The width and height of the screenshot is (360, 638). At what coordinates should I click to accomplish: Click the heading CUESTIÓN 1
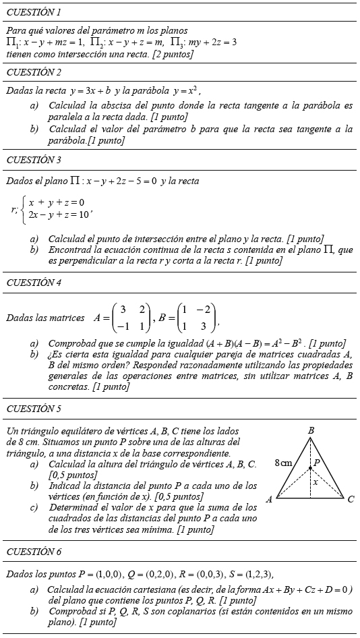pos(34,12)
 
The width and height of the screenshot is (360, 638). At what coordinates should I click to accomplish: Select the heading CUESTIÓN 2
pos(34,72)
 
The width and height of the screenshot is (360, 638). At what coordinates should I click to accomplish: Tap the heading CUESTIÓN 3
pos(34,160)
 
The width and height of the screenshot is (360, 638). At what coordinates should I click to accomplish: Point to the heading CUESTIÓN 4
pos(34,283)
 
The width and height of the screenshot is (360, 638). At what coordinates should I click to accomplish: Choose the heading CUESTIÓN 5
pos(34,409)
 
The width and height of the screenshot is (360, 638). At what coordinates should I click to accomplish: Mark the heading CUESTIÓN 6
pos(34,552)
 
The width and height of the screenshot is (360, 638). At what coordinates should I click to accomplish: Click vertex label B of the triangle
pos(311,430)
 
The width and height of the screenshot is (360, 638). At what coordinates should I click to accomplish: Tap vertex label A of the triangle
pos(269,499)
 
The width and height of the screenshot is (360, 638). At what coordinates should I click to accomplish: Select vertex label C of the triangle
pos(351,500)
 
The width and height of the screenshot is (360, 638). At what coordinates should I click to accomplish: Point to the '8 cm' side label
pos(284,463)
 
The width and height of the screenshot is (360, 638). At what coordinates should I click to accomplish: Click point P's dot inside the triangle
pos(310,467)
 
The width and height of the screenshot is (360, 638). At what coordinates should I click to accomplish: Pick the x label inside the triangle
pos(315,482)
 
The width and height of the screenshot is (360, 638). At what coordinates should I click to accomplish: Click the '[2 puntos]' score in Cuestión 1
pos(173,54)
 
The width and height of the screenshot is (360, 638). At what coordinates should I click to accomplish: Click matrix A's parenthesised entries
pos(131,318)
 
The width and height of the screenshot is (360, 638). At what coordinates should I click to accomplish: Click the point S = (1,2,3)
pos(246,574)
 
